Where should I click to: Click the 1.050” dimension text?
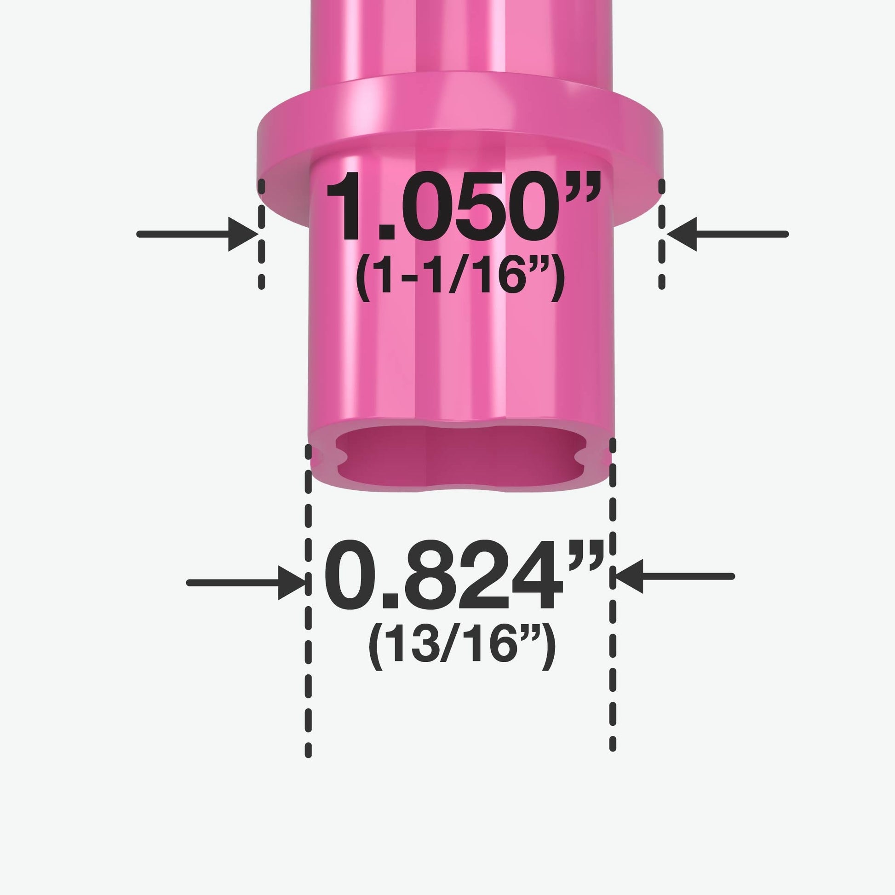(x=463, y=207)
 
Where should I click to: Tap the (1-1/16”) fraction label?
(x=460, y=277)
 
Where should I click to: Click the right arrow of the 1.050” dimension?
(x=728, y=235)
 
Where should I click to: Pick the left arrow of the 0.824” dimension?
(x=246, y=583)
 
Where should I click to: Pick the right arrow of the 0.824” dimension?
(x=675, y=576)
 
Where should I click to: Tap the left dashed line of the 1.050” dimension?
(x=262, y=234)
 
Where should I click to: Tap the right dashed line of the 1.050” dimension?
(x=661, y=234)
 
